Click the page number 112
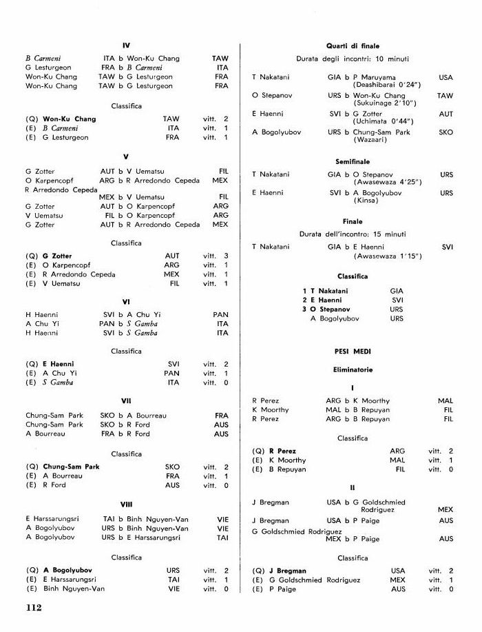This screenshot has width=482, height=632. [33, 607]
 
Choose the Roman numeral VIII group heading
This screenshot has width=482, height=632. [126, 504]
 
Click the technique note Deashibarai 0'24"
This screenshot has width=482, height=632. [386, 84]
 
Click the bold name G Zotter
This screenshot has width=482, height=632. [57, 256]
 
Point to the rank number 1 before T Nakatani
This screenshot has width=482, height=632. [304, 291]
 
